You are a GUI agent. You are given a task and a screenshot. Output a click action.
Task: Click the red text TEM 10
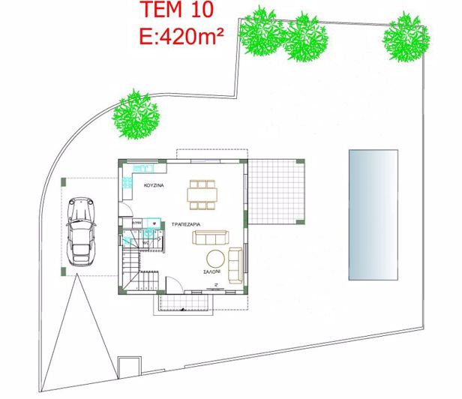tap(175, 11)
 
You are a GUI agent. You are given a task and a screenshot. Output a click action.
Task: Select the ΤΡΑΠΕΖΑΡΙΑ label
tap(184, 223)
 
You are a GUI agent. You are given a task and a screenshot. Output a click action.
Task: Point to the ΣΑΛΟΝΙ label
tap(211, 271)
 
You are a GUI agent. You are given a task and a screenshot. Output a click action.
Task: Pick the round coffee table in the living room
tap(216, 255)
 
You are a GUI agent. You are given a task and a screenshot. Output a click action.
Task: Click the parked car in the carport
tap(79, 223)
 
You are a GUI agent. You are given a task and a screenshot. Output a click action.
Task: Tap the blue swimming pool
tap(373, 212)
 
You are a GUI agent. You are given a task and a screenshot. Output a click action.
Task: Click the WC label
tap(147, 244)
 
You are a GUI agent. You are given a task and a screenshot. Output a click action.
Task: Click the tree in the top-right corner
tap(406, 37)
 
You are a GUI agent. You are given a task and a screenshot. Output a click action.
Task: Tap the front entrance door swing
tap(172, 284)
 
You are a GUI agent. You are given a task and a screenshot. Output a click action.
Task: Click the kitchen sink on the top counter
tap(142, 167)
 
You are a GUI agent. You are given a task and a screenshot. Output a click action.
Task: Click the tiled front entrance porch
tap(184, 302)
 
